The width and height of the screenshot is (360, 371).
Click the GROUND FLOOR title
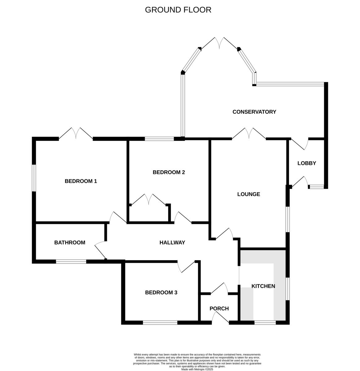[178, 10]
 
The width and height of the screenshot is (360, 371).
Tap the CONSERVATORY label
[254, 112]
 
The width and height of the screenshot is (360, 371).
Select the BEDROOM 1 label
[81, 181]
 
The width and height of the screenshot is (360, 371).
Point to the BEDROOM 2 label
[169, 172]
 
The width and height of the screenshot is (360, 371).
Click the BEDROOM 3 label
[161, 292]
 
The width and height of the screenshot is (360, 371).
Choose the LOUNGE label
[248, 194]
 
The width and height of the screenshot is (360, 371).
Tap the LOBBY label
[307, 163]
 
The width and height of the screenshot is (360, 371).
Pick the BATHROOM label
[70, 243]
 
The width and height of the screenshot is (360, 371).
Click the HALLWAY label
[172, 243]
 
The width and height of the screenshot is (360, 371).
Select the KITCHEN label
[263, 286]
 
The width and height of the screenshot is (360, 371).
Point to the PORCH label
[219, 309]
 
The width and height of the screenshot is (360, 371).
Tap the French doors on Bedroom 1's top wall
[76, 133]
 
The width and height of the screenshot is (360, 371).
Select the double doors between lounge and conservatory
[249, 133]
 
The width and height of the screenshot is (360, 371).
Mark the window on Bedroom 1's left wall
[34, 178]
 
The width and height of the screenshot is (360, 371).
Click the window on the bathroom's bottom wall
[71, 262]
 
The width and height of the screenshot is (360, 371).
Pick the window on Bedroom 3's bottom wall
[160, 322]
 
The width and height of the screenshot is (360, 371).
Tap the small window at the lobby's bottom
[317, 187]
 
